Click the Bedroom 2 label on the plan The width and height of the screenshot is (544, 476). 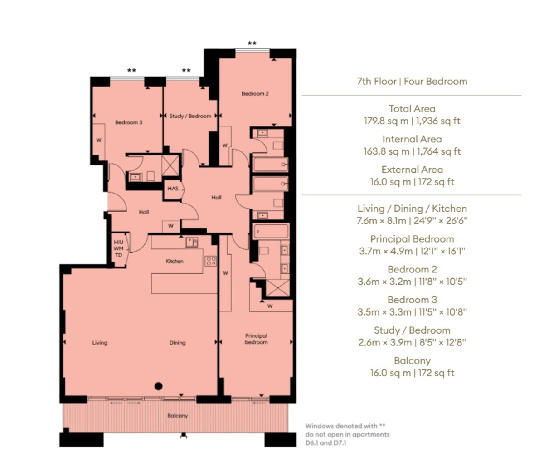click(x=255, y=94)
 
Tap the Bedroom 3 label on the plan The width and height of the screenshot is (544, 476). click(x=128, y=122)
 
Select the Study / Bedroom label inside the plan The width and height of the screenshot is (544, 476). click(x=190, y=116)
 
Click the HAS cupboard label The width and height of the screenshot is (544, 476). click(x=173, y=189)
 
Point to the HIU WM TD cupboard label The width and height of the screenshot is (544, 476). click(x=118, y=249)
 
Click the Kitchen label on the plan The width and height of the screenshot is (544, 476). click(x=175, y=261)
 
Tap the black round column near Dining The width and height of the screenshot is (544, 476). click(x=158, y=386)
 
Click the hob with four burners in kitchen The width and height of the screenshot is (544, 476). click(x=211, y=261)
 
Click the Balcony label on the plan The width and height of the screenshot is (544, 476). click(x=177, y=416)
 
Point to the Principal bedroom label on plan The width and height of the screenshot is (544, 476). click(x=256, y=339)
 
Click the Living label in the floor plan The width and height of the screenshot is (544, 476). click(x=100, y=343)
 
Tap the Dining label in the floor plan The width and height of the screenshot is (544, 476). click(x=177, y=343)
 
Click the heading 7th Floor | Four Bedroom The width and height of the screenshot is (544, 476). click(x=412, y=82)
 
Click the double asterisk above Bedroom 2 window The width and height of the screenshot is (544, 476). click(x=252, y=44)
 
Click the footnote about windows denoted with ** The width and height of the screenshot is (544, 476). click(x=347, y=434)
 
